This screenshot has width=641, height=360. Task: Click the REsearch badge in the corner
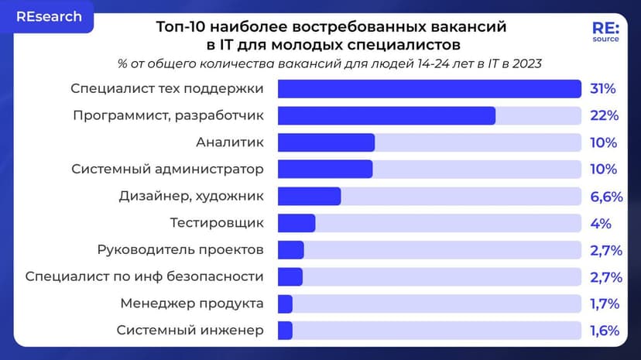click(x=48, y=17)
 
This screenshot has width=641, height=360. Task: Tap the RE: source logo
click(x=605, y=32)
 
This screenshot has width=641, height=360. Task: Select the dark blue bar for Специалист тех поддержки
click(x=429, y=89)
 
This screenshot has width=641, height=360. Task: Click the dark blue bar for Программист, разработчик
click(x=386, y=116)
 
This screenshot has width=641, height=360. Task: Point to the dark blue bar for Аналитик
click(x=326, y=142)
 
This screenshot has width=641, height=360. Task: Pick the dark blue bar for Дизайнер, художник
click(x=309, y=196)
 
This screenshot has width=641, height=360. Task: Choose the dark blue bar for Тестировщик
click(x=297, y=223)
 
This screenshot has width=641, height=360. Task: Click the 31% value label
click(x=602, y=89)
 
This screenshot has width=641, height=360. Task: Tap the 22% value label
click(x=603, y=116)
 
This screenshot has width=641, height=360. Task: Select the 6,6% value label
click(x=605, y=197)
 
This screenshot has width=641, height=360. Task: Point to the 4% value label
click(x=600, y=224)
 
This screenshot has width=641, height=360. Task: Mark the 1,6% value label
click(x=604, y=331)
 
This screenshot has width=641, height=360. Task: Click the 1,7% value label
click(x=604, y=303)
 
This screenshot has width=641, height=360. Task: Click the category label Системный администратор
click(x=167, y=170)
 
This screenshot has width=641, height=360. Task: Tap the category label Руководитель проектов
click(x=180, y=250)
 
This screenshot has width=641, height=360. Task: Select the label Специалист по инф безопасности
click(x=145, y=276)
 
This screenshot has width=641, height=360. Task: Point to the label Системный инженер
click(x=190, y=331)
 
